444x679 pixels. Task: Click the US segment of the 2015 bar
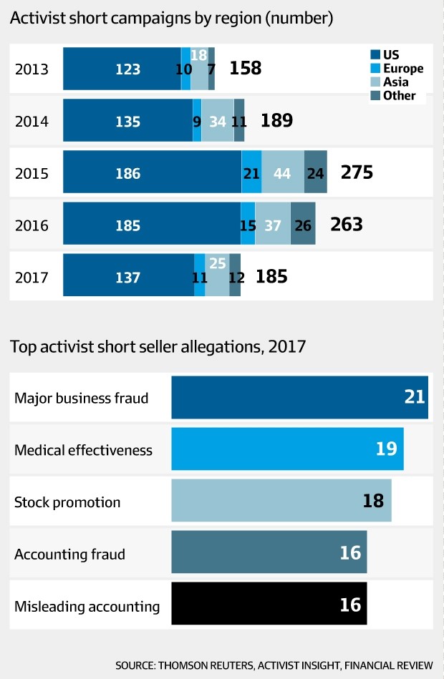(x=152, y=173)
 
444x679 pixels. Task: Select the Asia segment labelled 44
(x=282, y=173)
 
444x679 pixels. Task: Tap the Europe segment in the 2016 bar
(x=248, y=225)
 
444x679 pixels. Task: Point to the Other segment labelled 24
(x=315, y=173)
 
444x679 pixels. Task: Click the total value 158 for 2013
(x=245, y=69)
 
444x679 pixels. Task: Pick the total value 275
(x=357, y=173)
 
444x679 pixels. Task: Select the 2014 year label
(x=32, y=121)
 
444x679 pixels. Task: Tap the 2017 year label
(x=32, y=276)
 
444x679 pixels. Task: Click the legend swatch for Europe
(x=375, y=69)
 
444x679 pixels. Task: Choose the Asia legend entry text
(x=396, y=82)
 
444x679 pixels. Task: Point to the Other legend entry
(x=399, y=96)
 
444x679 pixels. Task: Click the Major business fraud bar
(x=299, y=397)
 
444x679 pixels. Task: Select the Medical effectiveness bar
(x=287, y=450)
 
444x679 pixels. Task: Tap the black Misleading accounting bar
(x=269, y=605)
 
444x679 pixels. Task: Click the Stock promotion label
(x=67, y=502)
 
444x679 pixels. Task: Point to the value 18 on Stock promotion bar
(x=373, y=501)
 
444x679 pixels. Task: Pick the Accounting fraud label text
(x=69, y=555)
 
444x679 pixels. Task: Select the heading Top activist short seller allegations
(x=158, y=348)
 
